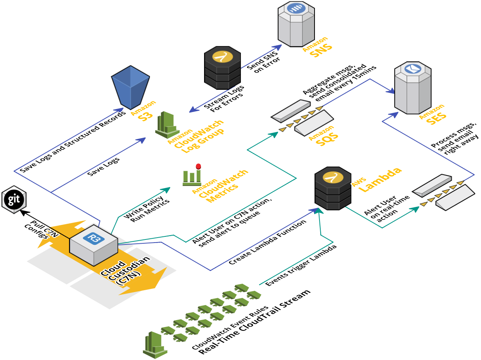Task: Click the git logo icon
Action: (x=14, y=199)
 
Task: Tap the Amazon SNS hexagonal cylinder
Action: (x=296, y=24)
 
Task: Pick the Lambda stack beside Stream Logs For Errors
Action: (x=222, y=68)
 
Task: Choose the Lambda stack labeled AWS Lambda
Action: (x=333, y=188)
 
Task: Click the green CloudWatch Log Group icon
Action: (x=167, y=125)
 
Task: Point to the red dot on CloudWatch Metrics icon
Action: (x=198, y=166)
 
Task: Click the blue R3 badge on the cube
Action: (x=94, y=238)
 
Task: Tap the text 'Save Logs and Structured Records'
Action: (x=73, y=142)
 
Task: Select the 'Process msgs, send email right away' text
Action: (x=455, y=138)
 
